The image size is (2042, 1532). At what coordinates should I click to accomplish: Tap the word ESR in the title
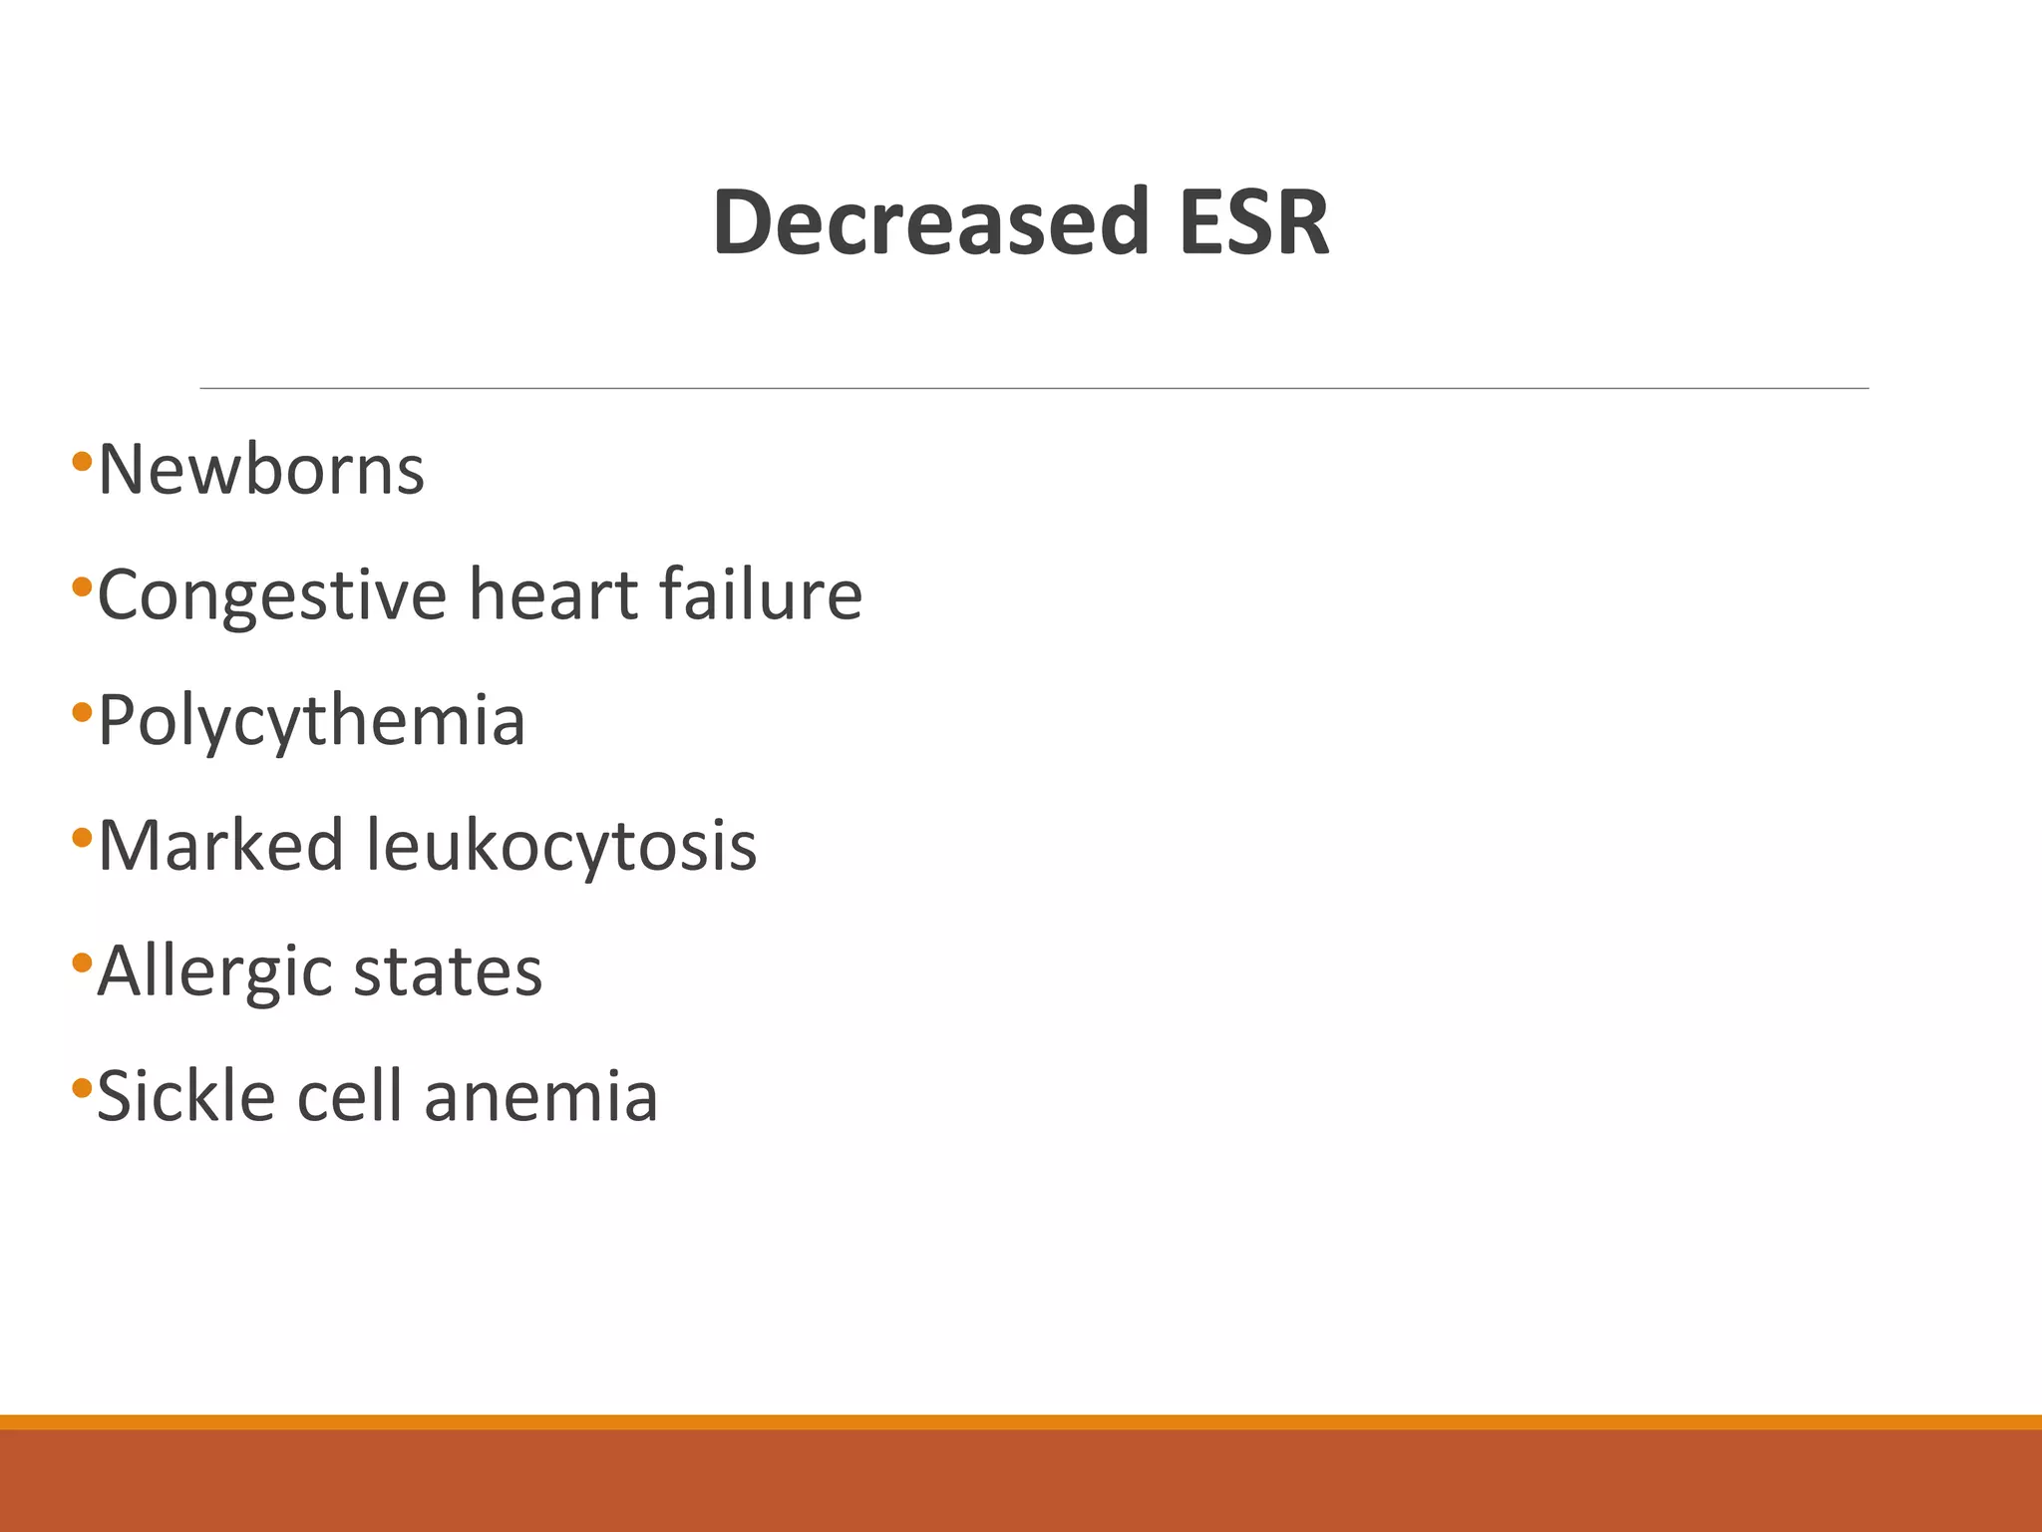pos(1253,221)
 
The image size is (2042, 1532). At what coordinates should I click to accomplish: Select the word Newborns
pos(261,469)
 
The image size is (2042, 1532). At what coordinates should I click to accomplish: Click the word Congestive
pos(272,596)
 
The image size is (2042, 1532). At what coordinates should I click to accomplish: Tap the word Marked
pos(221,846)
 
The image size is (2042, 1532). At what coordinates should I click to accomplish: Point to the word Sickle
pos(185,1096)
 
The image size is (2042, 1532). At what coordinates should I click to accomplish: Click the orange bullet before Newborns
pos(82,461)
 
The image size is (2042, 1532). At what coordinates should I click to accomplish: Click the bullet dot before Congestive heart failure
pos(82,586)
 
